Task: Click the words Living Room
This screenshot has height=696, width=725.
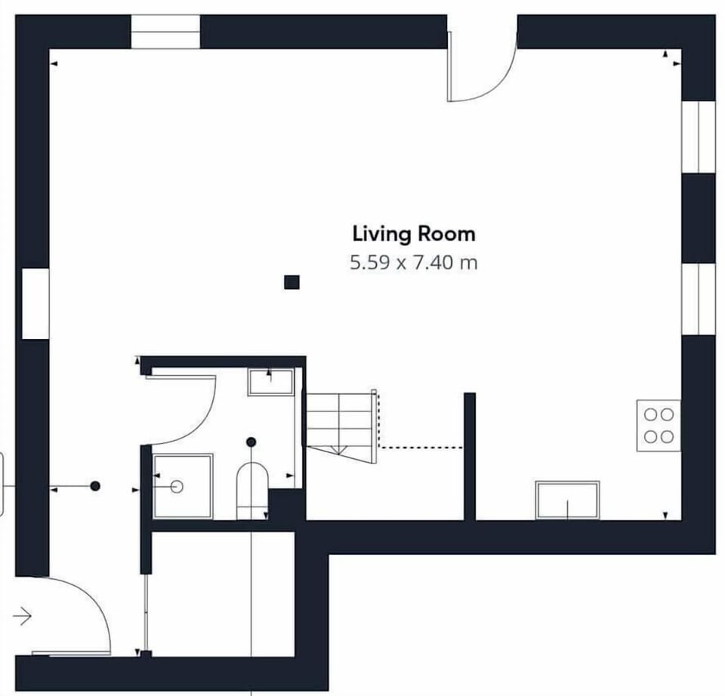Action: pos(414,234)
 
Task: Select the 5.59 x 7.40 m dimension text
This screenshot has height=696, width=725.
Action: pos(413,263)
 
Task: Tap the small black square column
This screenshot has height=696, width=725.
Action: pos(292,282)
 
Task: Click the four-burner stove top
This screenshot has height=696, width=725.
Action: pos(659,426)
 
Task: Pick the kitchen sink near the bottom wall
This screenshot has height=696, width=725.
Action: pos(568,500)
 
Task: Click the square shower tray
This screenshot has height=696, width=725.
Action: pos(183,486)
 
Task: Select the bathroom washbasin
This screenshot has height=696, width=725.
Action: pos(271,382)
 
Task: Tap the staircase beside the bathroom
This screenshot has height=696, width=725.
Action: pos(341,427)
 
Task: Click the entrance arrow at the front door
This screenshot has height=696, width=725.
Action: pos(22,616)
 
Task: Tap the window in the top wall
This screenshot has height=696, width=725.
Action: pos(165,32)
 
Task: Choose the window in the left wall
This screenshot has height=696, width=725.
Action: pos(35,303)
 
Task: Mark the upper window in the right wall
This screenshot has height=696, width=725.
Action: pos(699,137)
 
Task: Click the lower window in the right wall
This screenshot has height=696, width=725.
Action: pos(699,299)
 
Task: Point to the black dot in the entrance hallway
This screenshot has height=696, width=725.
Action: pos(95,485)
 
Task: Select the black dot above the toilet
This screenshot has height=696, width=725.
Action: pos(251,442)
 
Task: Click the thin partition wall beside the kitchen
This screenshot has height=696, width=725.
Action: pos(470,457)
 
